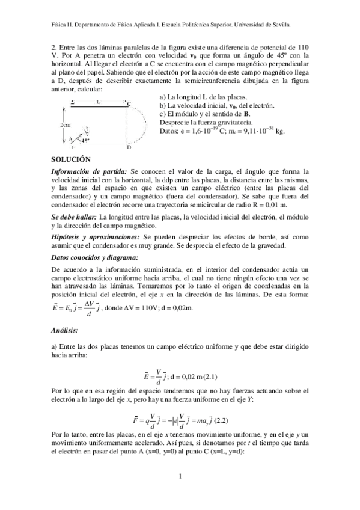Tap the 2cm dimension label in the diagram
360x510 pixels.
coord(66,124)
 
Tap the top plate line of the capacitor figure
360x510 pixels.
coord(96,106)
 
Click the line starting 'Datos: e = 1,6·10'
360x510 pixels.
coord(222,131)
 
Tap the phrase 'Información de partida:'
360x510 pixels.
coord(90,171)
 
